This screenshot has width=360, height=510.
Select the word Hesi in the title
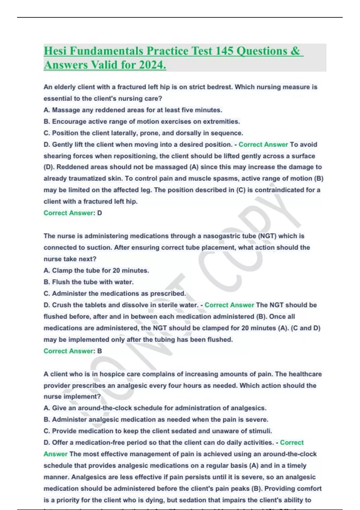pyautogui.click(x=55, y=51)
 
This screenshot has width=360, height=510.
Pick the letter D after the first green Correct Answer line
pyautogui.click(x=100, y=213)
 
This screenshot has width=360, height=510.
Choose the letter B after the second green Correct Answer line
pyautogui.click(x=100, y=351)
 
